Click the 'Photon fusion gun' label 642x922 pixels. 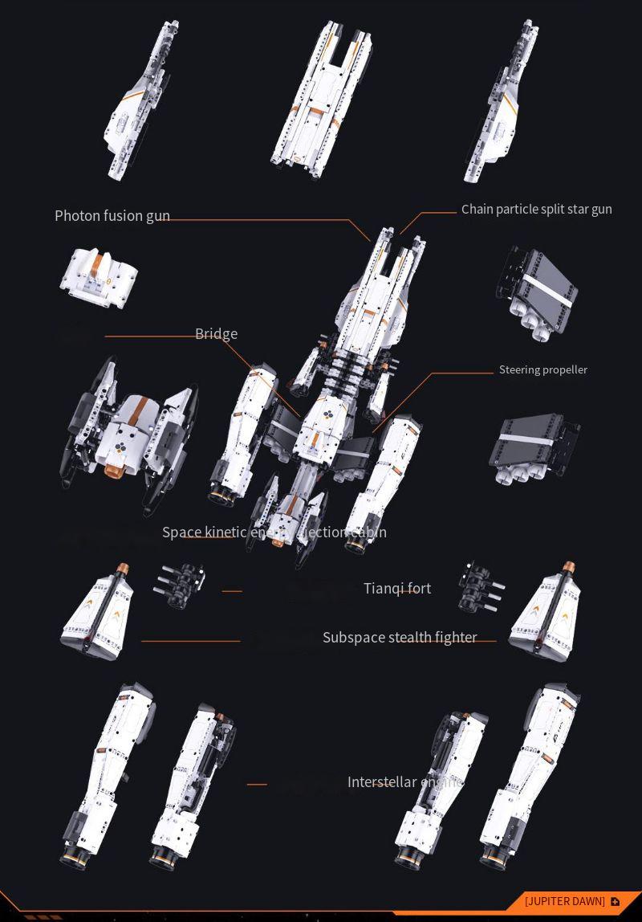click(112, 216)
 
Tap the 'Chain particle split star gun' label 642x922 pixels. click(536, 210)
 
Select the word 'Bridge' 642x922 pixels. click(216, 334)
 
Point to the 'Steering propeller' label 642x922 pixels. click(543, 370)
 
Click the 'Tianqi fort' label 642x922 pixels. click(397, 589)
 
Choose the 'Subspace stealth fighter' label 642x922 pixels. click(400, 638)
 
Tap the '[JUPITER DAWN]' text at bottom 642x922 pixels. click(565, 902)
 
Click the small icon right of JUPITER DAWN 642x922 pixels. click(616, 902)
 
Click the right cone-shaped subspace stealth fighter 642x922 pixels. click(546, 613)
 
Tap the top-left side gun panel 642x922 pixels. click(143, 100)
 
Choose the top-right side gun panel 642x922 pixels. click(502, 100)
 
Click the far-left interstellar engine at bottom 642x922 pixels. click(108, 775)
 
